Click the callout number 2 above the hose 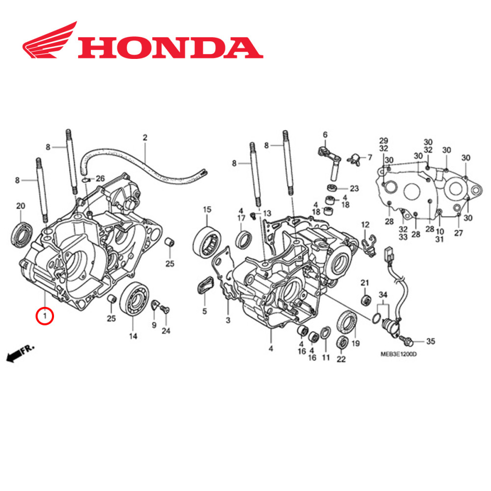click(x=145, y=137)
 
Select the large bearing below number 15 click(x=207, y=243)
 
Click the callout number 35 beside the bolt click(x=430, y=341)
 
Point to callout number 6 click(x=325, y=135)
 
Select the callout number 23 click(x=354, y=189)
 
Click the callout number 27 click(x=458, y=233)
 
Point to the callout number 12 click(x=365, y=224)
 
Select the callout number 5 click(x=204, y=311)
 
